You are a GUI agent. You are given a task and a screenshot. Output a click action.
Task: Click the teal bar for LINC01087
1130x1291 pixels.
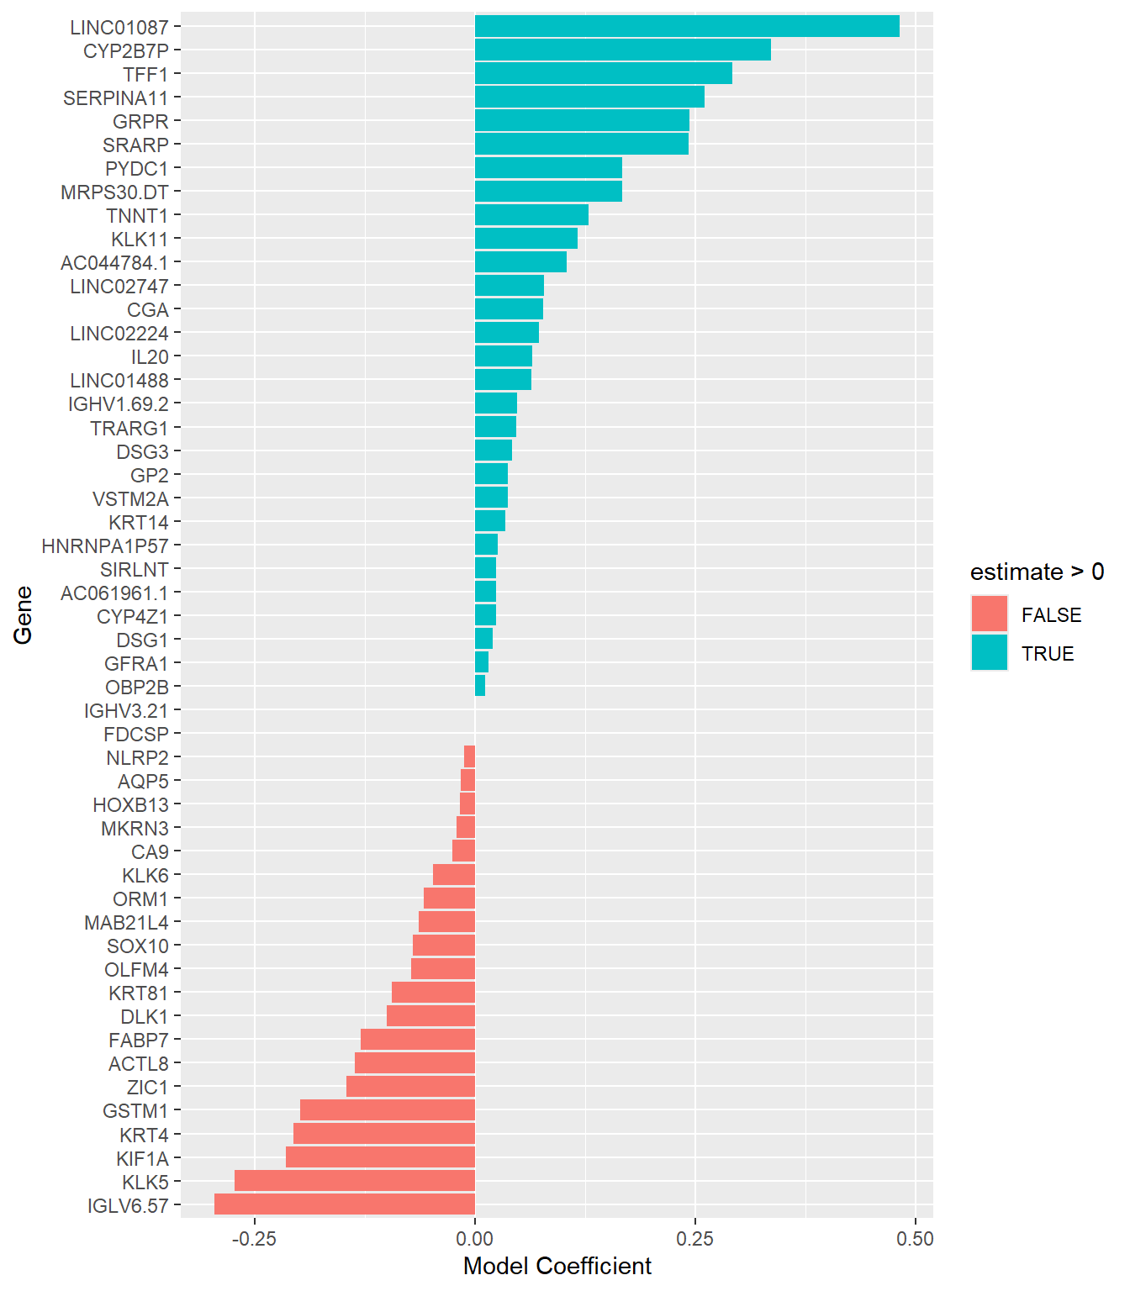(x=686, y=26)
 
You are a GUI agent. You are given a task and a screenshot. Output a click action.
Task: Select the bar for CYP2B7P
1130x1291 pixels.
(x=622, y=50)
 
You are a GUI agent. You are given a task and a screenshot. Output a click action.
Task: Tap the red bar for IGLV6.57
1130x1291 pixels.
(x=345, y=1204)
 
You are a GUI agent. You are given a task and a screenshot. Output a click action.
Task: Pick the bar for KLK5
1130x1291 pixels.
(x=355, y=1181)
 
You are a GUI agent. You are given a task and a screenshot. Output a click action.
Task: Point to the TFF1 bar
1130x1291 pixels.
(x=603, y=73)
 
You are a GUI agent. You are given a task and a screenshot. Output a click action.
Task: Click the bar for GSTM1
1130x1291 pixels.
(x=388, y=1110)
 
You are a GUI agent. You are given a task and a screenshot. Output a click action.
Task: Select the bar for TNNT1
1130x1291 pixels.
(x=531, y=215)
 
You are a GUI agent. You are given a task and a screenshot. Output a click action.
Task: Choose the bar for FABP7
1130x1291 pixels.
(x=418, y=1040)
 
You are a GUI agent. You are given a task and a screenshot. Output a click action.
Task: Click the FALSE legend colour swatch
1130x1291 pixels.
(x=989, y=614)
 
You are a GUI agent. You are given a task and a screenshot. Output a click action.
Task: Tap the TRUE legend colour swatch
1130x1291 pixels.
(x=989, y=653)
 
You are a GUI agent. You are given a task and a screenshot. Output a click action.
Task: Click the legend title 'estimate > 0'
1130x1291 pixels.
(x=1037, y=572)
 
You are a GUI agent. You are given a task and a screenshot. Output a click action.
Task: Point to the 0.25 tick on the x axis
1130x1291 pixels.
(x=695, y=1239)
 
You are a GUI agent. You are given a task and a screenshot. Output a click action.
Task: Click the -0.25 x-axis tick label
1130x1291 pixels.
(x=254, y=1239)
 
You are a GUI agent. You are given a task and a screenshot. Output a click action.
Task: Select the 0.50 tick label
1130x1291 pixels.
(x=915, y=1239)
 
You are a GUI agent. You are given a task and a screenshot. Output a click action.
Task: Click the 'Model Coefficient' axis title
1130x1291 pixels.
(x=557, y=1266)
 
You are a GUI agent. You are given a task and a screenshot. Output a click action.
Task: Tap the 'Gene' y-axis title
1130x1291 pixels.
(x=24, y=614)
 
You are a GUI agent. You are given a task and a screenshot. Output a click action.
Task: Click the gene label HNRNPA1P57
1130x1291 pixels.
(x=105, y=545)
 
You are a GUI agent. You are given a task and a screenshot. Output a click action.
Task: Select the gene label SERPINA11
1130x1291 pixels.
(x=116, y=97)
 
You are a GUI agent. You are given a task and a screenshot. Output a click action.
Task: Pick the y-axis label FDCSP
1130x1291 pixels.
(x=136, y=734)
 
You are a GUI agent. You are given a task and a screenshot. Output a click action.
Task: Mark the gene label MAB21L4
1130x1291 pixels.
(x=126, y=923)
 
